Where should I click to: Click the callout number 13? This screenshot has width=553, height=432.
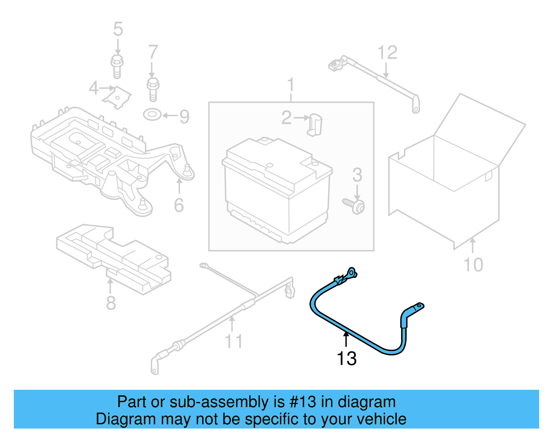pyautogui.click(x=346, y=358)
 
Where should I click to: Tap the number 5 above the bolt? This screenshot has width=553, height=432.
pyautogui.click(x=118, y=29)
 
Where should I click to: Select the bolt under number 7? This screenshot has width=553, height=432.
pyautogui.click(x=153, y=89)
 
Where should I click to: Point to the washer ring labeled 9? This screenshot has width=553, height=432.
pyautogui.click(x=152, y=114)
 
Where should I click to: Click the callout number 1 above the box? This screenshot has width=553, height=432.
pyautogui.click(x=291, y=85)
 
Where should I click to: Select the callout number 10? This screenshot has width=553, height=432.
pyautogui.click(x=473, y=265)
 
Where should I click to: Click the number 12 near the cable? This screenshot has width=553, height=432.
pyautogui.click(x=387, y=53)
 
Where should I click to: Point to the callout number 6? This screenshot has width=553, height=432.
pyautogui.click(x=179, y=205)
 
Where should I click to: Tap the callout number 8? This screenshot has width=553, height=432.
pyautogui.click(x=111, y=303)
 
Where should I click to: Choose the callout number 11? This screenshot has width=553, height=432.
pyautogui.click(x=234, y=341)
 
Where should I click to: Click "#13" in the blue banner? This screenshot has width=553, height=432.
pyautogui.click(x=303, y=402)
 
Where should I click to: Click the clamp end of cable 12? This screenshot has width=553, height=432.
pyautogui.click(x=336, y=65)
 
